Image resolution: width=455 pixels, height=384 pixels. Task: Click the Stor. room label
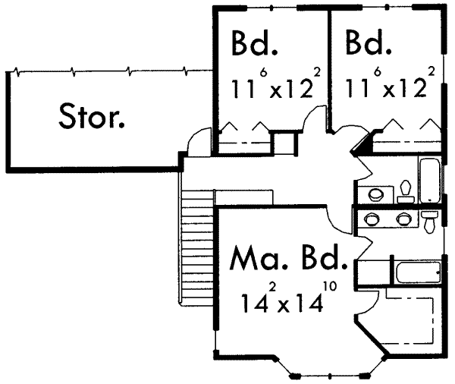(x=92, y=116)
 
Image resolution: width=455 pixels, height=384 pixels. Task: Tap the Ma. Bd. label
(x=288, y=257)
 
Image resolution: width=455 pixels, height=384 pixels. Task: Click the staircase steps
(x=197, y=247)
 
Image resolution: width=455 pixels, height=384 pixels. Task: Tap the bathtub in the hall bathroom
(x=429, y=180)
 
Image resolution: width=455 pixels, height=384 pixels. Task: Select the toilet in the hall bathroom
(x=406, y=192)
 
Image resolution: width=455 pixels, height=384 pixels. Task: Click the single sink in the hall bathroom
(x=376, y=194)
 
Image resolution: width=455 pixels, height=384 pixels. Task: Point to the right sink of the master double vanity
(x=404, y=219)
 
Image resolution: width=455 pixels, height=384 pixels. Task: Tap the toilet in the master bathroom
(x=429, y=222)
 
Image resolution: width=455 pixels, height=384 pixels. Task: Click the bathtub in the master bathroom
(x=418, y=272)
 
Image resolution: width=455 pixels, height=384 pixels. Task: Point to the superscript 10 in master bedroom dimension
(x=330, y=286)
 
